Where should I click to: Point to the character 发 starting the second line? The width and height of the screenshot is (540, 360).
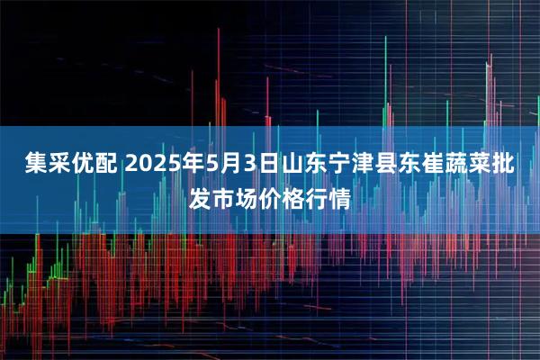tap(201, 197)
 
